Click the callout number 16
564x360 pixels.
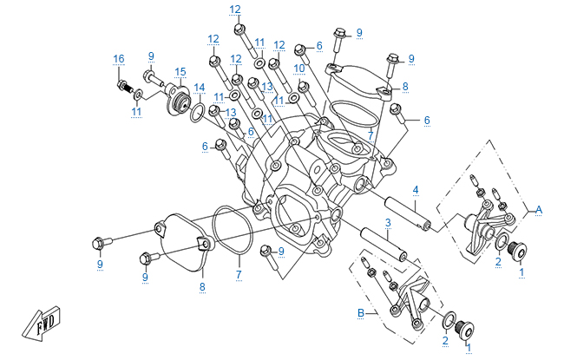(x=119, y=59)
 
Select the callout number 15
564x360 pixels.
(x=180, y=72)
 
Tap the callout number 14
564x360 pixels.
(x=200, y=87)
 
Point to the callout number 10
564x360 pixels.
(x=298, y=68)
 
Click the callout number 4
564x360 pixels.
(x=416, y=189)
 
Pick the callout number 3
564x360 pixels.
(x=388, y=223)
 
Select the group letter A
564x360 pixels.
(x=539, y=208)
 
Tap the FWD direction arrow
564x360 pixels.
(x=42, y=319)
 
